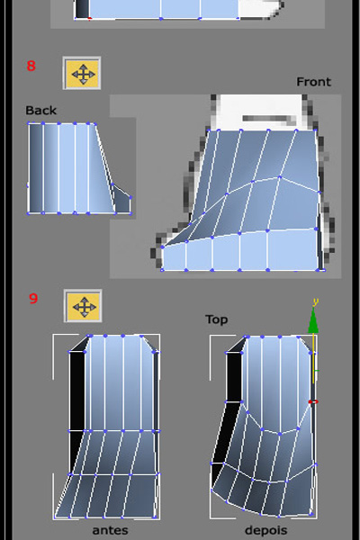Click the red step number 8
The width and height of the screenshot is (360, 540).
(31, 66)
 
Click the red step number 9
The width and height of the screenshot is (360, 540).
(33, 298)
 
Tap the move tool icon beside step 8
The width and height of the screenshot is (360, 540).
(82, 74)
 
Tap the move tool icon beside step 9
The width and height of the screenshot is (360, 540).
(83, 306)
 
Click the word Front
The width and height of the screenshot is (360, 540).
(313, 82)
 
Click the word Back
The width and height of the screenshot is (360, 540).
(41, 111)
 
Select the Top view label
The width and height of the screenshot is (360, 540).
(217, 319)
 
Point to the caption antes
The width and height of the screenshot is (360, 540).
(110, 530)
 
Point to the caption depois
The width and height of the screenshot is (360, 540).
(266, 530)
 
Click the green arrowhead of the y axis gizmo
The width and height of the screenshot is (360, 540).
(313, 321)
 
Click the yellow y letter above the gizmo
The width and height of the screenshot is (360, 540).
(315, 302)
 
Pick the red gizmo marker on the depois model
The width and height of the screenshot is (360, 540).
(313, 401)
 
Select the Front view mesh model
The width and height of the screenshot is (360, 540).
(241, 201)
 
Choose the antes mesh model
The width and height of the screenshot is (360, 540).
(107, 427)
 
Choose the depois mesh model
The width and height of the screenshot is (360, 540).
(264, 427)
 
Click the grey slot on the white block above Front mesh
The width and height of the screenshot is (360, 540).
(269, 119)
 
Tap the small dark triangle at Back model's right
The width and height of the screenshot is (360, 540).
(122, 199)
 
